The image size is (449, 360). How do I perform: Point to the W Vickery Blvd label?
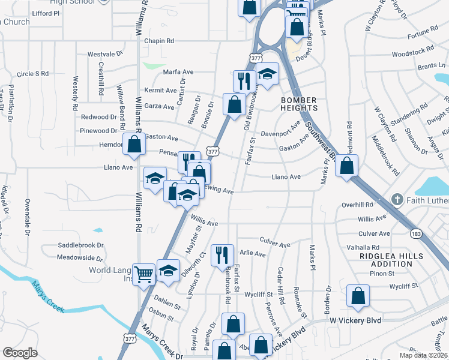click(x=355, y=321)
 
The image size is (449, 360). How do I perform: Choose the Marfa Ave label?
click(x=178, y=72)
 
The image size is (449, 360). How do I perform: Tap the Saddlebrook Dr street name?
click(x=81, y=245)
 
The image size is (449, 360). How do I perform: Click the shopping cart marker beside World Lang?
click(x=144, y=275)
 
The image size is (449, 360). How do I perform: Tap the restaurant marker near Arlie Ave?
click(x=222, y=254)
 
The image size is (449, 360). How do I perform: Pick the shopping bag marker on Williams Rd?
click(x=134, y=144)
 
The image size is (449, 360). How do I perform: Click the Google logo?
click(x=20, y=353)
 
